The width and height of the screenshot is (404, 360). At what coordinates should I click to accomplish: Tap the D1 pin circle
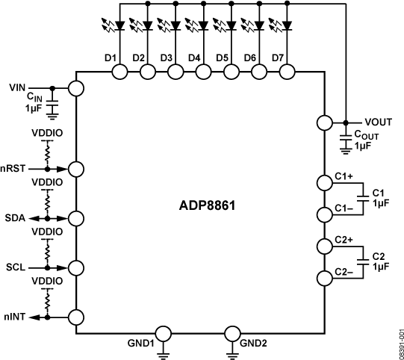pos(119,72)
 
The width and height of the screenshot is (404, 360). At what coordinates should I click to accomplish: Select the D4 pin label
pos(194,58)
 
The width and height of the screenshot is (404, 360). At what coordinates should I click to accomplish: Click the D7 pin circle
pos(286,72)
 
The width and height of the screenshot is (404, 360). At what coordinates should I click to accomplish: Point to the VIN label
pos(18,87)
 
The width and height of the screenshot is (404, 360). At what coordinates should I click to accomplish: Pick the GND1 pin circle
pos(164,334)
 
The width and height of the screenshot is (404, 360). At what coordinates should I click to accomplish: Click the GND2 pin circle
pos(234,334)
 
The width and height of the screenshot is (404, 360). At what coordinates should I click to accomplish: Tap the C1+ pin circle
pos(323,181)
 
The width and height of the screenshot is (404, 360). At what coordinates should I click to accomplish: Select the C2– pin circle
pos(323,279)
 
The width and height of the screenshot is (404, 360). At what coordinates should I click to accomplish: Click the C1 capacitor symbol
pos(362,197)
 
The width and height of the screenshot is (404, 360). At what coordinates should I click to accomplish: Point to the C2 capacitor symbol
pos(362,262)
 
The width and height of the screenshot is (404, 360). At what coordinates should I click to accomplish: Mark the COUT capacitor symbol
pos(346,137)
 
